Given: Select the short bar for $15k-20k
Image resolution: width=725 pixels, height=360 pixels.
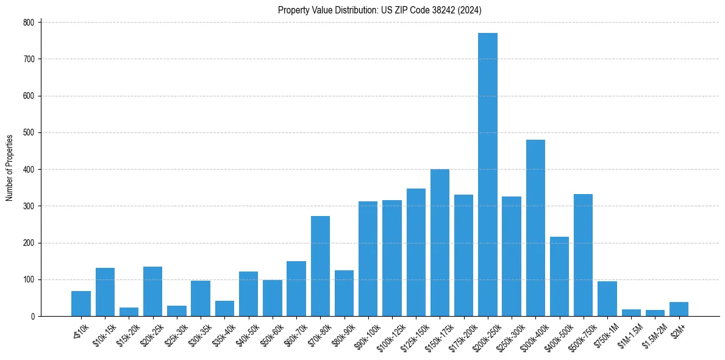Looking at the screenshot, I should click(129, 312).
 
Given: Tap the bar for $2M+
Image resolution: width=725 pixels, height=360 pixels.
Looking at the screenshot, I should click(679, 309).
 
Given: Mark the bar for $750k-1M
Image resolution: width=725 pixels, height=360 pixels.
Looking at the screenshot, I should click(607, 298).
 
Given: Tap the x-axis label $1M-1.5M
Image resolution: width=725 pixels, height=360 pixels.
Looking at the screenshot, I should click(629, 333).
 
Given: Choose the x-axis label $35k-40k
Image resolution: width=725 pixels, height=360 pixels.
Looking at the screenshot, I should click(223, 333).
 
